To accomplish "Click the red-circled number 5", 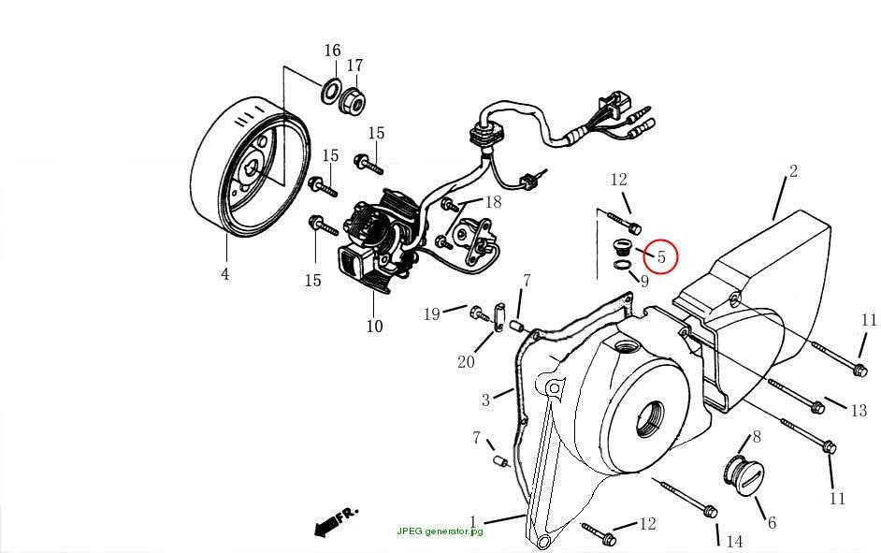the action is tap(661, 256).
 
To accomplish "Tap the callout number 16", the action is tap(332, 51).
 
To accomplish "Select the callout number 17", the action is tap(354, 65).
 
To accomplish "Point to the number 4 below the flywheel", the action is tap(225, 274).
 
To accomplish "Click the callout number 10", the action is tap(374, 326).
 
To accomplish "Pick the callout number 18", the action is tap(493, 202).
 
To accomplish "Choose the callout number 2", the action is tap(793, 171).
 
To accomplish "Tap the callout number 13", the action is tap(859, 411).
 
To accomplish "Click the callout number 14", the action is tap(734, 542).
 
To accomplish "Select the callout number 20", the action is tap(466, 362).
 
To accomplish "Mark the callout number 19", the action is tap(431, 314).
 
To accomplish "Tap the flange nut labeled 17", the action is tap(353, 100).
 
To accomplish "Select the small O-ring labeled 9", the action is tap(621, 265).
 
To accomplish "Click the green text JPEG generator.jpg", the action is tap(440, 531).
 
